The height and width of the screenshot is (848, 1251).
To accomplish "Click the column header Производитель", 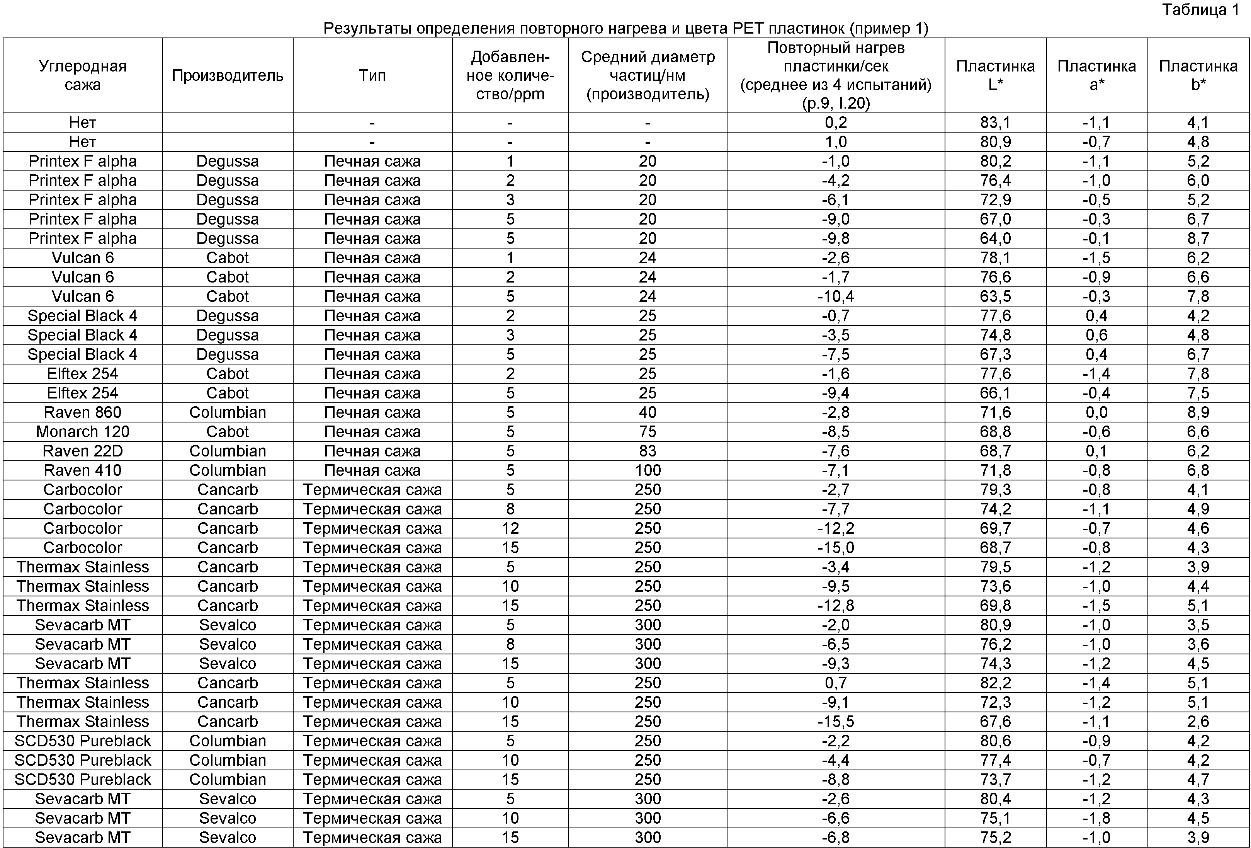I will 227,75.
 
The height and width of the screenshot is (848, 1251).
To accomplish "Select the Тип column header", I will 372,75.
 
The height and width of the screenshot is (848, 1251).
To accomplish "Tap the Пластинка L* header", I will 995,75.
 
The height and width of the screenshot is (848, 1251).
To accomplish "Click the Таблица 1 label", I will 1200,10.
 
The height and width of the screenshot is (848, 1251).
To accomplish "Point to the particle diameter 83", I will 648,451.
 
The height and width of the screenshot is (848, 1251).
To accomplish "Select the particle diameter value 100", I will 648,470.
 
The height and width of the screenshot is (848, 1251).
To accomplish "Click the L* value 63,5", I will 995,297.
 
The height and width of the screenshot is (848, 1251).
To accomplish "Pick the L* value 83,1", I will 995,123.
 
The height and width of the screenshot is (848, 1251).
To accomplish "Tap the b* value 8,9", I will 1198,412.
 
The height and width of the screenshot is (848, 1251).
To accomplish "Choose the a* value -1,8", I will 1096,818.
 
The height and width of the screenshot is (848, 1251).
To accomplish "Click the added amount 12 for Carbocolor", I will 510,528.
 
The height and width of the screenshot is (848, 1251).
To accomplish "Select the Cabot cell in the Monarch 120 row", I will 227,432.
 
